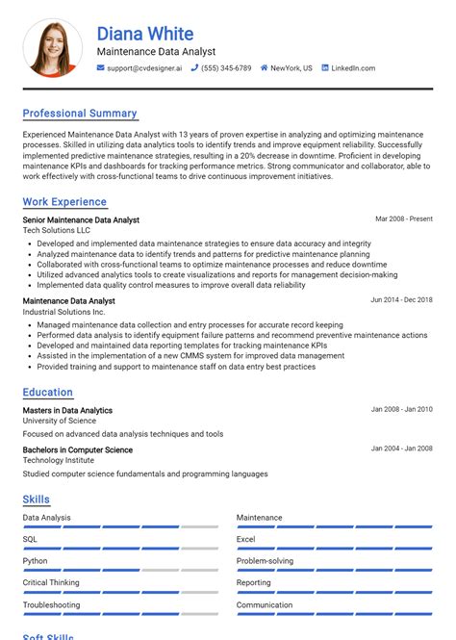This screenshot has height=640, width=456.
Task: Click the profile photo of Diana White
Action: pyautogui.click(x=53, y=48)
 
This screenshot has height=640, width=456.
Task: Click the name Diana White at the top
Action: pyautogui.click(x=144, y=35)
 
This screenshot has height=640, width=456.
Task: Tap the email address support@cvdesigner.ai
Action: pyautogui.click(x=144, y=68)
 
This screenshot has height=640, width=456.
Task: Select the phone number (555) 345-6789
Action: pyautogui.click(x=226, y=68)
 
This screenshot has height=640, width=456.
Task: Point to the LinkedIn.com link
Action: pyautogui.click(x=353, y=68)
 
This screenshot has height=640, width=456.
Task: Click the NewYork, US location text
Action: pyautogui.click(x=291, y=68)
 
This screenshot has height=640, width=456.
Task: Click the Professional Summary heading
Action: pyautogui.click(x=80, y=114)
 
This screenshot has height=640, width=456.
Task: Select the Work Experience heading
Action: pyautogui.click(x=64, y=202)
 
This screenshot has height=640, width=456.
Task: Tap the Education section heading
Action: pyautogui.click(x=48, y=393)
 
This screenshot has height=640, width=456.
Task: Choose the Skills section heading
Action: pyautogui.click(x=37, y=499)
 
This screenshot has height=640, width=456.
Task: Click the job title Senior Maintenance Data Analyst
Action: pyautogui.click(x=81, y=220)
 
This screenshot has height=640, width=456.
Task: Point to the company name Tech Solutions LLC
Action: pyautogui.click(x=57, y=230)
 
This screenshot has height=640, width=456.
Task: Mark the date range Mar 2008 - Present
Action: pyautogui.click(x=403, y=219)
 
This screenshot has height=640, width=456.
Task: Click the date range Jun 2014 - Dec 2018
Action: pyautogui.click(x=401, y=300)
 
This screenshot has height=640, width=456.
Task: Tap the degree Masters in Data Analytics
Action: pyautogui.click(x=67, y=410)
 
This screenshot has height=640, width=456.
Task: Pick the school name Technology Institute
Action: pyautogui.click(x=59, y=460)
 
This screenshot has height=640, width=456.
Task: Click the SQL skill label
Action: pyautogui.click(x=31, y=539)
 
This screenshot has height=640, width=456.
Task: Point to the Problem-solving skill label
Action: pyautogui.click(x=266, y=561)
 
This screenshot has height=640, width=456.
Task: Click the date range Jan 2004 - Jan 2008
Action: pyautogui.click(x=401, y=449)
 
